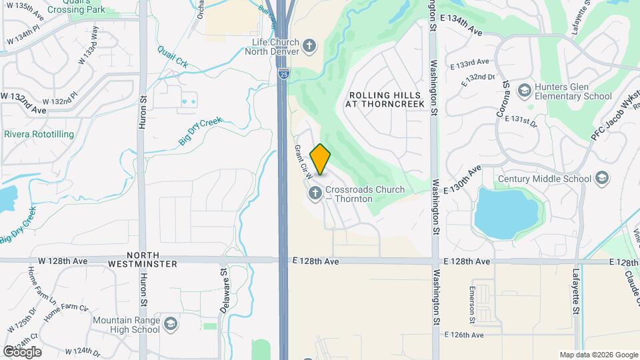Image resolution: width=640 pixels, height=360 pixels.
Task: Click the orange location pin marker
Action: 321,159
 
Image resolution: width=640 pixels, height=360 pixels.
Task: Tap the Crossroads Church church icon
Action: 314,194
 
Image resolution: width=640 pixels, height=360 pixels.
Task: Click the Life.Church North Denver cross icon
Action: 309,46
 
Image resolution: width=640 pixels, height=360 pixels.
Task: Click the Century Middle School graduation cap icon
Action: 602,179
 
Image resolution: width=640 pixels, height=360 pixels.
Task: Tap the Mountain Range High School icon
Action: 171,324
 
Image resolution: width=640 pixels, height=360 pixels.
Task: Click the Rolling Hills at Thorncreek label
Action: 386,99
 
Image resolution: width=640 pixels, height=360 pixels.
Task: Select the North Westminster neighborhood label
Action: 144,259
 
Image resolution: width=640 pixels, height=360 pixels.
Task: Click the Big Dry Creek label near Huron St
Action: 199,131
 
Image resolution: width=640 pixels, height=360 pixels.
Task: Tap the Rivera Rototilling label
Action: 39,134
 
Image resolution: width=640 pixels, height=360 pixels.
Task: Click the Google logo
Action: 22,351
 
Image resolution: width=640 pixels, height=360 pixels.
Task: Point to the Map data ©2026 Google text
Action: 598,355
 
